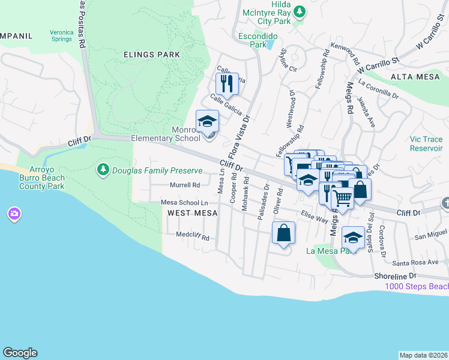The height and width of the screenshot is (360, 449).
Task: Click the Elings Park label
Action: point(151,55)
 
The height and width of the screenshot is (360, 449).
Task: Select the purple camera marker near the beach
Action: point(14,214)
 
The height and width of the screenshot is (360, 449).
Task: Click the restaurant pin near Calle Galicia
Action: point(227,84)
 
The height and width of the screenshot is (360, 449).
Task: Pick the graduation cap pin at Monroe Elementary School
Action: point(208,121)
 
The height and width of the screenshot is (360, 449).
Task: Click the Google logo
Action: point(20,353)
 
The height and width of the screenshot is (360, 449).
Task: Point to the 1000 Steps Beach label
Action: point(416,286)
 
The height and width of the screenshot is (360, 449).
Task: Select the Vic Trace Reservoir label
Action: point(426,143)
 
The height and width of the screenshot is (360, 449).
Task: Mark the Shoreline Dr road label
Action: point(396,275)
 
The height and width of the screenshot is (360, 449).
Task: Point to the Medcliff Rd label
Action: point(192,237)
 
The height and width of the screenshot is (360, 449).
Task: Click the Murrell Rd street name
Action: point(184,185)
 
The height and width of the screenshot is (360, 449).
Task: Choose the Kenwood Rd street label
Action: point(345,53)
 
